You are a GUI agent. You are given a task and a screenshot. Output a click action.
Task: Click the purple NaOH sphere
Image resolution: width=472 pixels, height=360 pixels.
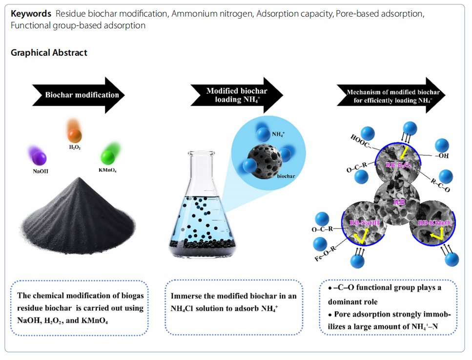[x=38, y=157]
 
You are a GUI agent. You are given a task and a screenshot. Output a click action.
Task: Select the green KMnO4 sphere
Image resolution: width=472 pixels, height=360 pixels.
[x=107, y=157]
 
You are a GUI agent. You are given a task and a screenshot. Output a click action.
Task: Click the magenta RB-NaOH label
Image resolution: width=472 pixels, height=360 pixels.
[x=364, y=223]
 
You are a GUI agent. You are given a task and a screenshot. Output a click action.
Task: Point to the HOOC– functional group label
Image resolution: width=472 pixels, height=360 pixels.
[x=361, y=141]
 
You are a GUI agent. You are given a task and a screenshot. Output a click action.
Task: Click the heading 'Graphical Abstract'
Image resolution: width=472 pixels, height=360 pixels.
[x=49, y=52]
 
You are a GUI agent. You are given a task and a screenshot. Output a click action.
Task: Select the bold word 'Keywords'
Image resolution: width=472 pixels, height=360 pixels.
[x=31, y=13]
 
